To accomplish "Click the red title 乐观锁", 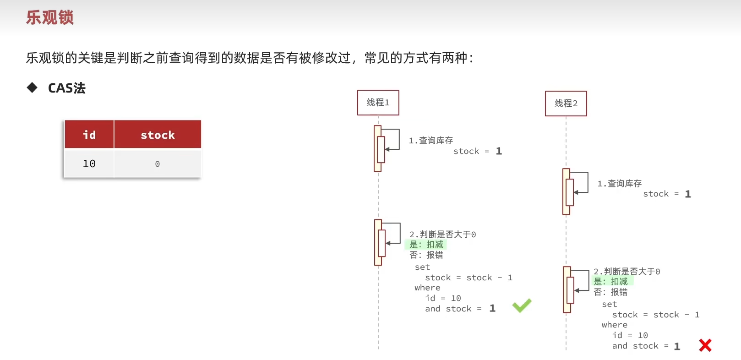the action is click(x=50, y=17).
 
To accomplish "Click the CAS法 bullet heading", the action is click(x=67, y=88).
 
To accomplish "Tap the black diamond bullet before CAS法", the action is click(x=32, y=87).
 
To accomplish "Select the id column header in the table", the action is click(x=89, y=134).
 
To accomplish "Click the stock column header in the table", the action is click(x=158, y=134).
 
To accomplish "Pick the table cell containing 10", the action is click(x=89, y=164).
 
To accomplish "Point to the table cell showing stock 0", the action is click(x=158, y=164).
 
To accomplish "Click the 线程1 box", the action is click(x=378, y=103).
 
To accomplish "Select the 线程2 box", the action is click(x=566, y=104).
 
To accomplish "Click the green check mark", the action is click(x=522, y=305).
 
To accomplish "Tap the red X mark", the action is click(x=705, y=345).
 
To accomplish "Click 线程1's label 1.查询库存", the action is click(x=430, y=141).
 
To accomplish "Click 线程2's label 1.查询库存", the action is click(x=619, y=184).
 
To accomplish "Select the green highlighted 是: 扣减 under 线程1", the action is click(x=426, y=245).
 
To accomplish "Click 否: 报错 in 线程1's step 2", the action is click(x=426, y=255).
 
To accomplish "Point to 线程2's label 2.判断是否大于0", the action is click(x=627, y=272).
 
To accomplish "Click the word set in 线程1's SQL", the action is click(x=422, y=267).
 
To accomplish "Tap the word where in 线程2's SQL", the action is click(x=614, y=325).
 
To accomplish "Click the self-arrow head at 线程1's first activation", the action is click(x=387, y=150).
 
